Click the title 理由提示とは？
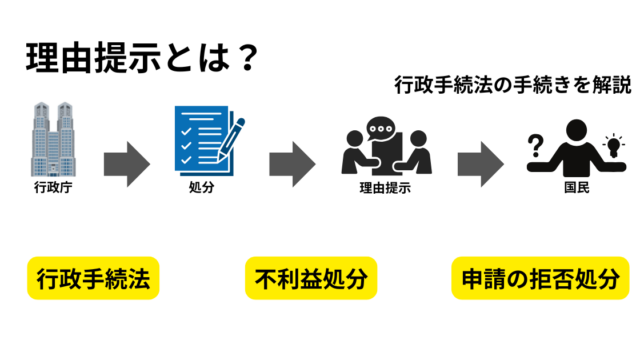click(x=142, y=58)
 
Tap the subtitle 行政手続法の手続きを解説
click(x=513, y=85)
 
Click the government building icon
click(x=53, y=139)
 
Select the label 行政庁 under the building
click(x=53, y=187)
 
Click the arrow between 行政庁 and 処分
click(x=127, y=164)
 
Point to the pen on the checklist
click(x=231, y=139)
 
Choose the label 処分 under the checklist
click(x=201, y=187)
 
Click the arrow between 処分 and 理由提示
click(x=292, y=164)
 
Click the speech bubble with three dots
click(x=381, y=128)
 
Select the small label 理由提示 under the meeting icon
click(x=385, y=188)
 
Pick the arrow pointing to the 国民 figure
click(x=481, y=164)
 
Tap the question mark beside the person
click(x=536, y=146)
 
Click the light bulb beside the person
click(x=613, y=145)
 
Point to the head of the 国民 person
click(x=576, y=130)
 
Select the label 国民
click(x=577, y=187)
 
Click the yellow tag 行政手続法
click(x=93, y=278)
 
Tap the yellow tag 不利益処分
click(x=311, y=278)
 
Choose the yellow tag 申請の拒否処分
click(x=540, y=278)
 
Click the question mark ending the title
click(x=248, y=58)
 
